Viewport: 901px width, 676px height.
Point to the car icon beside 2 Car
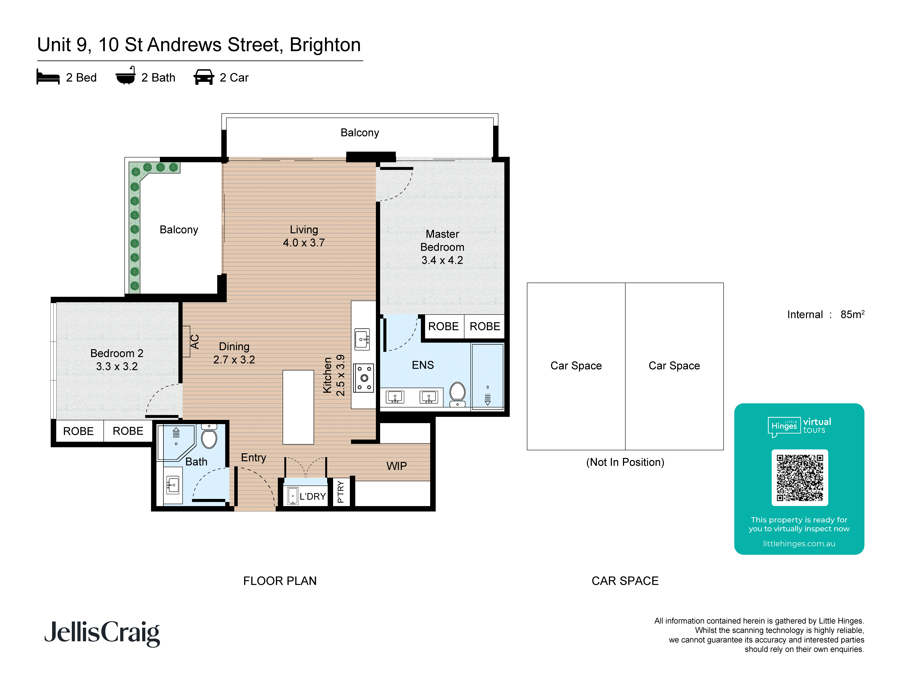(x=204, y=77)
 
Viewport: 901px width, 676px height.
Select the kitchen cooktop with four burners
(x=364, y=378)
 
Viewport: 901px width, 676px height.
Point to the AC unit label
(x=195, y=341)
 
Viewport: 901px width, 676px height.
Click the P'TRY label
(x=341, y=492)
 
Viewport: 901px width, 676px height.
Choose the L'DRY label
(x=312, y=496)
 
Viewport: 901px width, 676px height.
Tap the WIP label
(x=396, y=466)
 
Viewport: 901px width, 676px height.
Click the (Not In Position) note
(x=625, y=462)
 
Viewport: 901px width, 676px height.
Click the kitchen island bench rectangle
(x=298, y=407)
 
